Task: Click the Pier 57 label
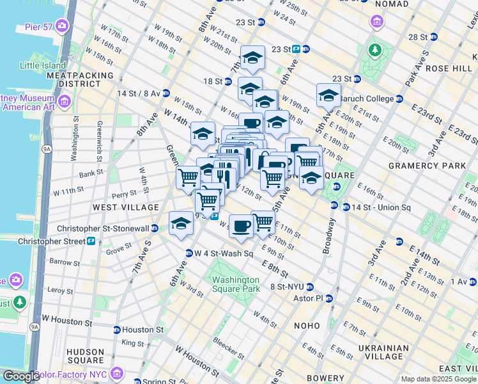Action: coord(38,26)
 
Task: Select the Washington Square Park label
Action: coord(236,284)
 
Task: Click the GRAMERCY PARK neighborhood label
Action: coord(428,166)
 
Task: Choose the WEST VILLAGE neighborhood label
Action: coord(125,207)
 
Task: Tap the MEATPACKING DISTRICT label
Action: coord(80,79)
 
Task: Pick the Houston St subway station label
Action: coord(142,330)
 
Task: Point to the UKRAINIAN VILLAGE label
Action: coord(383,353)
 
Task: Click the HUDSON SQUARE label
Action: coord(85,356)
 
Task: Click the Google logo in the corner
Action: coord(20,376)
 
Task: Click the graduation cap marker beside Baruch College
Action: coord(328,95)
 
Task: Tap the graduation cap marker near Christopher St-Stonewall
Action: coord(181,224)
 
